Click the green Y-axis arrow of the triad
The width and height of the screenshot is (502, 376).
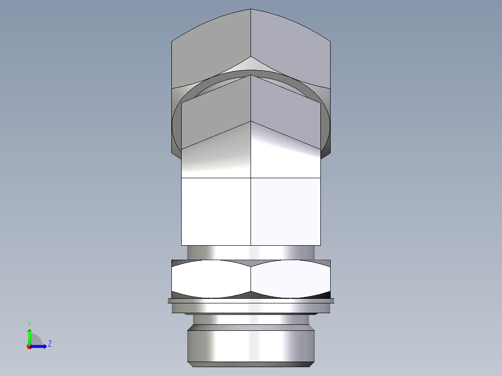pyautogui.click(x=29, y=335)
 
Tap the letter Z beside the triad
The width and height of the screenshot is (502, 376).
pyautogui.click(x=49, y=344)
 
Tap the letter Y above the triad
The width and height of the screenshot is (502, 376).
pyautogui.click(x=29, y=323)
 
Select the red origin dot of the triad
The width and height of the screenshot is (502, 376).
pyautogui.click(x=29, y=347)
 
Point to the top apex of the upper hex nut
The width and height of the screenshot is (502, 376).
pyautogui.click(x=251, y=10)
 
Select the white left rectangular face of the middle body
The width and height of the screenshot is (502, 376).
pyautogui.click(x=216, y=211)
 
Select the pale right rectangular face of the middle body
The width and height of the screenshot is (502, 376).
pyautogui.click(x=285, y=211)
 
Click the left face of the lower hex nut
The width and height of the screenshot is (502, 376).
pyautogui.click(x=211, y=279)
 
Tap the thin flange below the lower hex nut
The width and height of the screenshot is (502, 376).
pyautogui.click(x=251, y=301)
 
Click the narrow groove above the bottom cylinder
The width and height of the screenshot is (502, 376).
pyautogui.click(x=251, y=321)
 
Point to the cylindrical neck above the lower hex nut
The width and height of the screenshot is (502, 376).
pyautogui.click(x=251, y=252)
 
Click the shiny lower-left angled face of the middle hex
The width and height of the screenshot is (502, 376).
pyautogui.click(x=216, y=156)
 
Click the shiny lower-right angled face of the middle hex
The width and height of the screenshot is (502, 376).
pyautogui.click(x=285, y=156)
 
